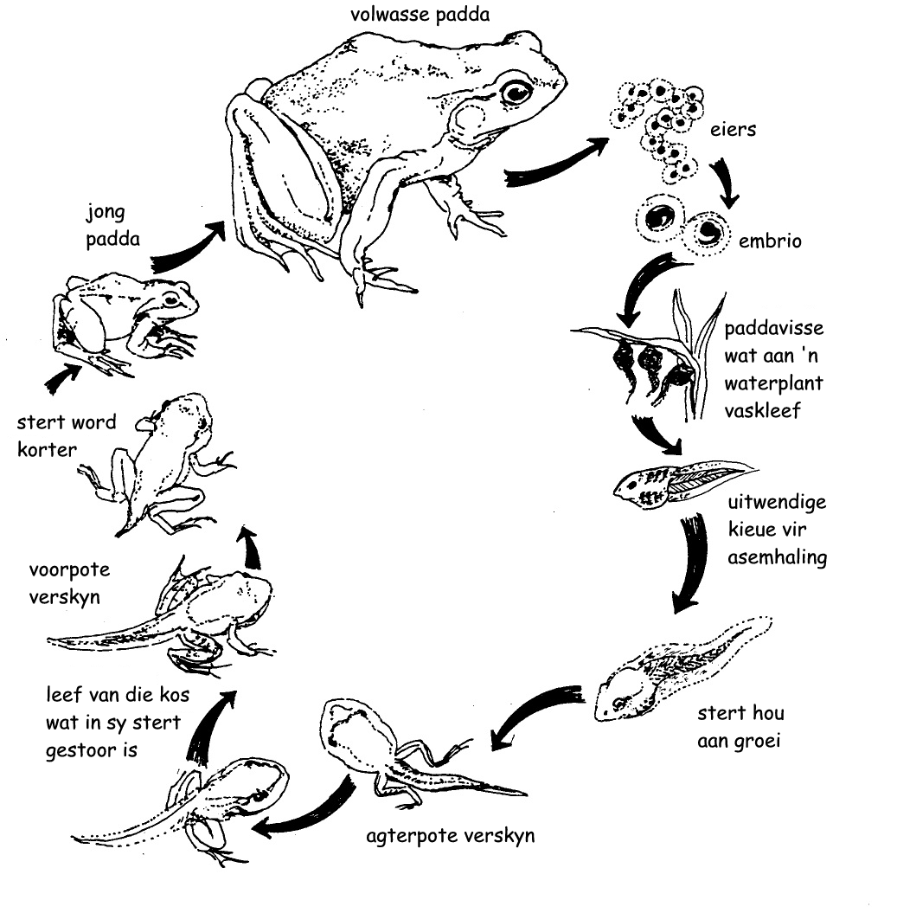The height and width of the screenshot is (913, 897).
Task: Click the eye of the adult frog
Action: [516, 91]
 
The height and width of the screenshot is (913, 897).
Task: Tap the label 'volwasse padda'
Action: [420, 15]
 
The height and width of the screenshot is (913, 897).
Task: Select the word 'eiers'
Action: [733, 129]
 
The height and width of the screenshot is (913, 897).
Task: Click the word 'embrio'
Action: [770, 240]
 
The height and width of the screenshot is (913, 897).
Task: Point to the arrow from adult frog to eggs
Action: [556, 163]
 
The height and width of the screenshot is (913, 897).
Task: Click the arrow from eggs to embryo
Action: [725, 182]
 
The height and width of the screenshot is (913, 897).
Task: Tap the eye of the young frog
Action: [171, 299]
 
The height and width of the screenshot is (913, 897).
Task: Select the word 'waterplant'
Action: [773, 383]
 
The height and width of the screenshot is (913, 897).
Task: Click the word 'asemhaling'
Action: [777, 557]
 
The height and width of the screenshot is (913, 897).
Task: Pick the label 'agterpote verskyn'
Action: [450, 836]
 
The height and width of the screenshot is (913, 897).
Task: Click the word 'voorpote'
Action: [69, 570]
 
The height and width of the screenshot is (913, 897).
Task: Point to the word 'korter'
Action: [48, 449]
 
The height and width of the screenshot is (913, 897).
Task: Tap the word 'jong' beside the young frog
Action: [106, 213]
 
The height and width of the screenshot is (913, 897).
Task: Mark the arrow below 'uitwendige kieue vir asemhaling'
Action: [693, 562]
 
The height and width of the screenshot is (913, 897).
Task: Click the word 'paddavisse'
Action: [773, 329]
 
